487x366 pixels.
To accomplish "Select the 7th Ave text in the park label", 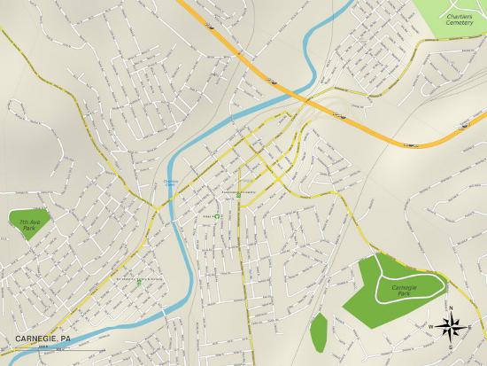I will click(25, 221).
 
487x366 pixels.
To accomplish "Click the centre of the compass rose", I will click(450, 326).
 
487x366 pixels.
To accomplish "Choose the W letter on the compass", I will click(431, 327).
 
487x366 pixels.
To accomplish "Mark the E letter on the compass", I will click(469, 327).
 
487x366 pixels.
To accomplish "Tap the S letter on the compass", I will click(450, 346).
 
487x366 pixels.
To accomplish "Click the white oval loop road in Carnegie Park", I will click(409, 288).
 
